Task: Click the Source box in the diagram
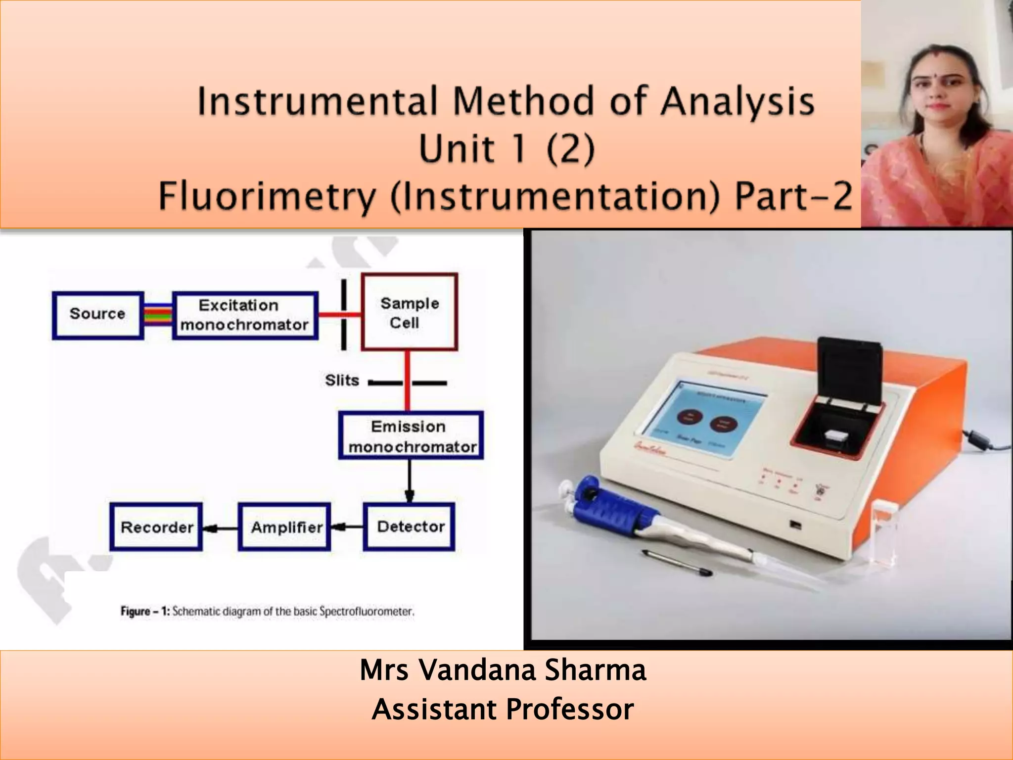[98, 315]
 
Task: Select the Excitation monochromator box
[245, 315]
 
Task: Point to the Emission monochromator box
[411, 436]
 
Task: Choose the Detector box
[410, 527]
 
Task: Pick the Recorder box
[156, 527]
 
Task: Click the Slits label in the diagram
[342, 380]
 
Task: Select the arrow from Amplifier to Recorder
[220, 528]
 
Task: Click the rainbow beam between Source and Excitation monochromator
[158, 315]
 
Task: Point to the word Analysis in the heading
[737, 102]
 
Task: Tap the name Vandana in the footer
[478, 670]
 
